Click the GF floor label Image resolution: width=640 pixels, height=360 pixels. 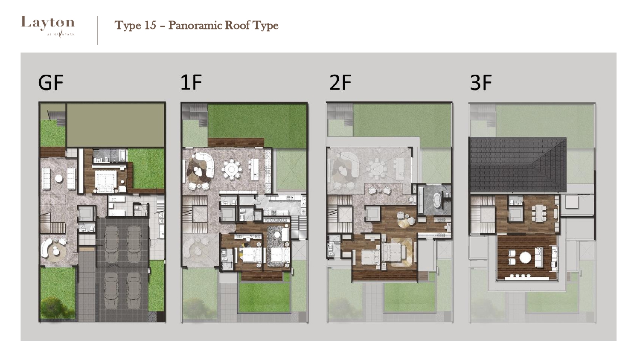click(51, 83)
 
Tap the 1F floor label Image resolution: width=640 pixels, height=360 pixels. click(191, 82)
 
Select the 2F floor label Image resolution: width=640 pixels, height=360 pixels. click(340, 82)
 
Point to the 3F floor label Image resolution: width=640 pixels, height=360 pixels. click(481, 82)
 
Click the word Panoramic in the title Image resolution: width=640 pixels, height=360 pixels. click(195, 25)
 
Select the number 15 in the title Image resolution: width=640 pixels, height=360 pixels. click(150, 25)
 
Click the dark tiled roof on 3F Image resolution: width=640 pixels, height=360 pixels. click(518, 165)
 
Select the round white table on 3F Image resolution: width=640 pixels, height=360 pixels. click(525, 258)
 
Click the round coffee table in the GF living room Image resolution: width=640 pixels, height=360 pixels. click(59, 178)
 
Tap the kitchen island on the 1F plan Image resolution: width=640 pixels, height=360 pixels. click(255, 169)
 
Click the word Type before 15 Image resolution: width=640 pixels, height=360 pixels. click(128, 26)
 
